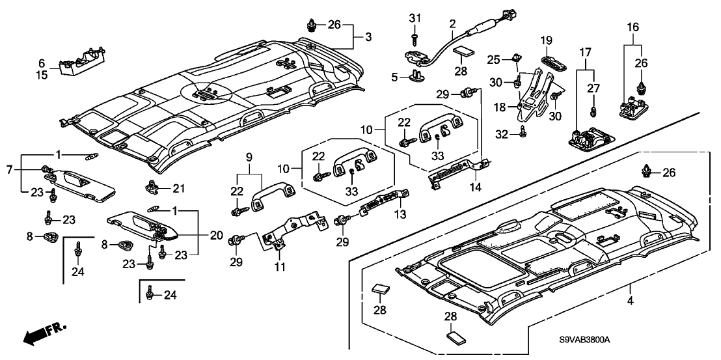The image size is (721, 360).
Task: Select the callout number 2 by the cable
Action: click(x=452, y=24)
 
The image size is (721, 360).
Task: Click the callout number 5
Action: click(x=394, y=77)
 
